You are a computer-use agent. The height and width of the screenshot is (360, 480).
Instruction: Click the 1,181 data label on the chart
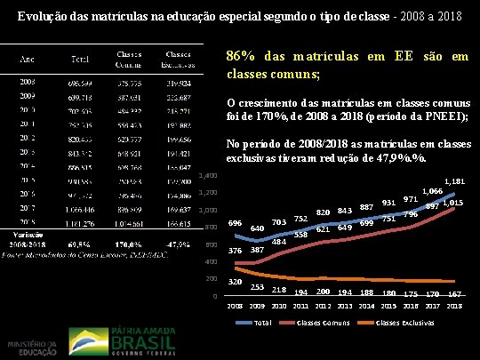[453, 181]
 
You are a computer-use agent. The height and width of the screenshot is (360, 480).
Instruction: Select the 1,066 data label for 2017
[433, 191]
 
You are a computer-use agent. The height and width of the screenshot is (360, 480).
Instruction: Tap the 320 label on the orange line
[236, 281]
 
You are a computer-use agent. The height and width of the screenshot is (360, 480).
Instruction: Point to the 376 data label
[236, 251]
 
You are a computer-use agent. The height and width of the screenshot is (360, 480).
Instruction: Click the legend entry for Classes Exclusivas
[405, 321]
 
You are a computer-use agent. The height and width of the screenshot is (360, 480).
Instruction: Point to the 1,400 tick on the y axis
[209, 175]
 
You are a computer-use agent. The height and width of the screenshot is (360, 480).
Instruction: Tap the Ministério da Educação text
[31, 348]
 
